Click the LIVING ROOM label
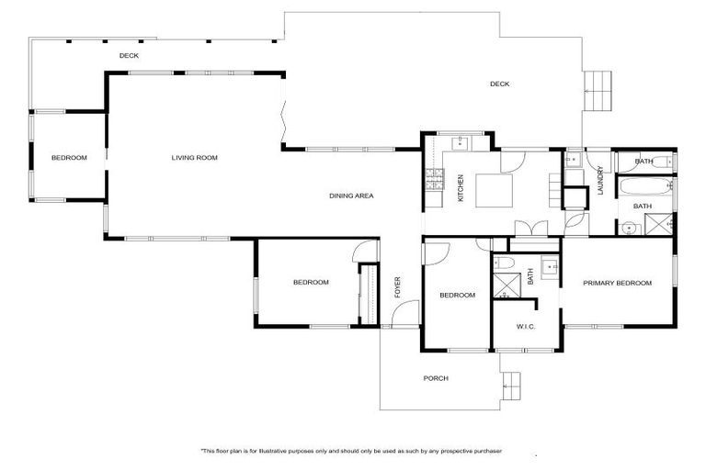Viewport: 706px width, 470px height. pyautogui.click(x=194, y=158)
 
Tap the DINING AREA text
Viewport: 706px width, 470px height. pyautogui.click(x=351, y=196)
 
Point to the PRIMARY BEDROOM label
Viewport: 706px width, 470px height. pyautogui.click(x=617, y=283)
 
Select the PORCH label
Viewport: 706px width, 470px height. pyautogui.click(x=435, y=378)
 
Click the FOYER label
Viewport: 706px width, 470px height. pyautogui.click(x=398, y=286)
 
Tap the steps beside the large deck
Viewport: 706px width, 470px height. pyautogui.click(x=598, y=90)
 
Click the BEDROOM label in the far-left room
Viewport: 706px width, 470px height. pyautogui.click(x=69, y=158)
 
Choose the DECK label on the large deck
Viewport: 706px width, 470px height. pyautogui.click(x=499, y=84)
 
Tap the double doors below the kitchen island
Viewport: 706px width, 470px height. pyautogui.click(x=529, y=229)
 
